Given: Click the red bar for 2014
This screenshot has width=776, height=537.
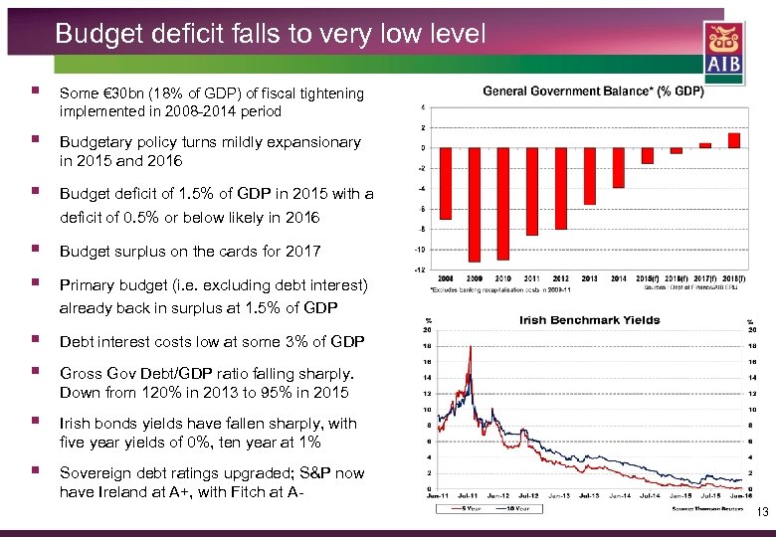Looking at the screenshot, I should [x=619, y=167].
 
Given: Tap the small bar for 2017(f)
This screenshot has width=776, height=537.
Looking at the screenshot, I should [x=705, y=145].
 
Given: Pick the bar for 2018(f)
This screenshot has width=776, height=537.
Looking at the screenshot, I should [x=734, y=140].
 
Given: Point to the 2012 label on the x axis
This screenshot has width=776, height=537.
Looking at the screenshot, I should [x=561, y=277].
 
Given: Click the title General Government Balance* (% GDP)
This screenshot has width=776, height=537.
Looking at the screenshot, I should [x=593, y=91].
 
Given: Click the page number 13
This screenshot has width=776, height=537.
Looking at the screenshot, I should [x=762, y=513].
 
